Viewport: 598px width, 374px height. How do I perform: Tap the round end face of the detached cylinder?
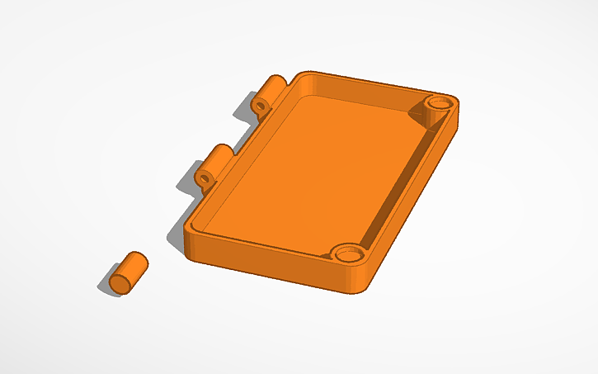coord(121,282)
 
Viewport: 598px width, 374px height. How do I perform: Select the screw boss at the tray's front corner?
coord(350,254)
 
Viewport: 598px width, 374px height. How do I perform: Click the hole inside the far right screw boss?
coord(441,102)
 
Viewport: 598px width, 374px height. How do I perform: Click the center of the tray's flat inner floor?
coord(313,169)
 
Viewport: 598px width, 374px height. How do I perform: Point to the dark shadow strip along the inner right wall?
coord(404,178)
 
